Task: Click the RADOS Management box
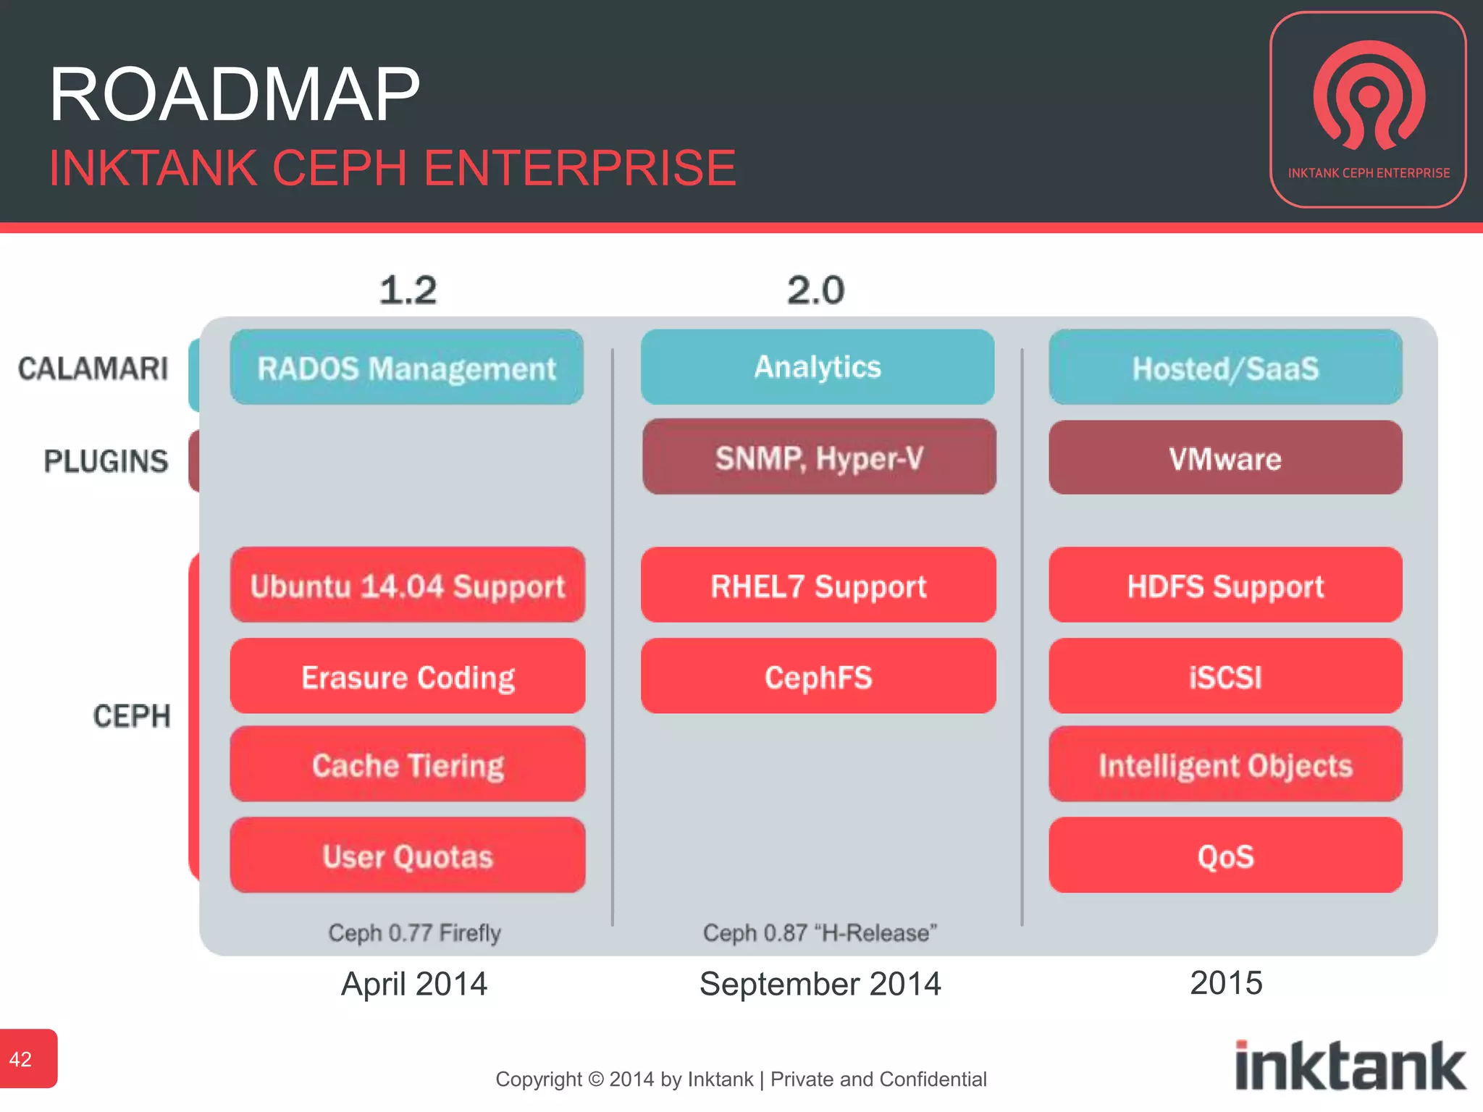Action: (x=407, y=368)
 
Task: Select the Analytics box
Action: (x=818, y=367)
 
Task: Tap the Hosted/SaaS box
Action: (x=1225, y=368)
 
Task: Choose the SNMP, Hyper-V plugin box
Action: (x=819, y=458)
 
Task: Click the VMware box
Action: (x=1225, y=458)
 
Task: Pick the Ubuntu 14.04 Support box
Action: (x=408, y=585)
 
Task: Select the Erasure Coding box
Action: (x=408, y=676)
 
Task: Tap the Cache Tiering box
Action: (x=408, y=764)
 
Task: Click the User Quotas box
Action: (x=408, y=856)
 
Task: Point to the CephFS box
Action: (x=818, y=676)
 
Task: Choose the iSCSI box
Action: (x=1225, y=676)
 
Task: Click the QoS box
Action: (x=1225, y=856)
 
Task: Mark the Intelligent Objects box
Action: (x=1225, y=764)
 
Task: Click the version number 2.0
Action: (x=816, y=290)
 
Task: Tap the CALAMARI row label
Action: (x=93, y=368)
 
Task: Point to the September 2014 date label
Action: (x=820, y=984)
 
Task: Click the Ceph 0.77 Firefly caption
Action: (x=414, y=932)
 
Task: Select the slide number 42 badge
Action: (x=28, y=1058)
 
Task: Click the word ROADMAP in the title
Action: (x=234, y=94)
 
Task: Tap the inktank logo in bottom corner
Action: (x=1350, y=1066)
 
